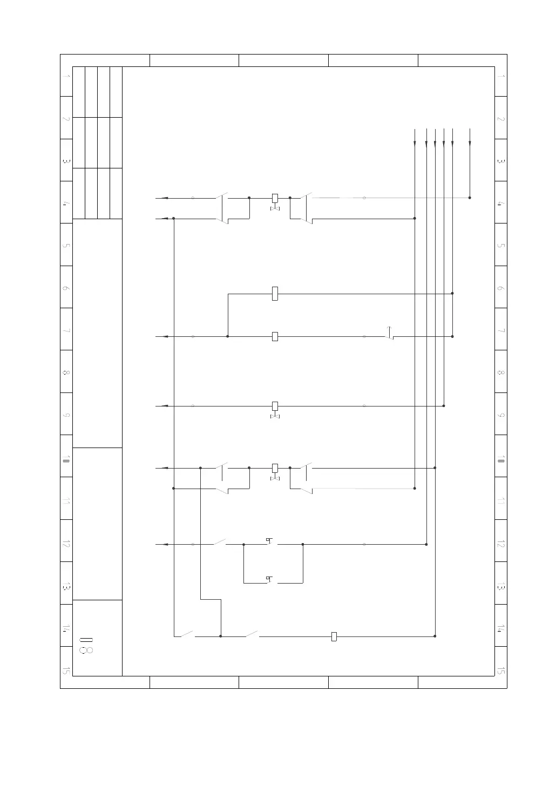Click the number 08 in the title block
(x=86, y=646)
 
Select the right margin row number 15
(x=500, y=671)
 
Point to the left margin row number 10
(x=66, y=459)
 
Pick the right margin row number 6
(x=500, y=288)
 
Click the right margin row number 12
(x=500, y=544)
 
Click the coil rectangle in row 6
(x=275, y=294)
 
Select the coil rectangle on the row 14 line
(x=334, y=636)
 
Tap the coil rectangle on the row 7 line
(x=275, y=336)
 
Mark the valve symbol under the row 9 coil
(x=275, y=417)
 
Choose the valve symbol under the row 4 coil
(x=275, y=209)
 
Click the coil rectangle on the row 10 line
(x=275, y=468)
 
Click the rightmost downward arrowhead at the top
(x=470, y=143)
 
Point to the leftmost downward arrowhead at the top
(x=415, y=143)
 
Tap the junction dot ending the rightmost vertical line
(x=470, y=198)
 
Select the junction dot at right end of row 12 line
(x=426, y=545)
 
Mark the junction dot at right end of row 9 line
(x=444, y=406)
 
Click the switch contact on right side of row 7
(x=389, y=334)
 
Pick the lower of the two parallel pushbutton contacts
(x=270, y=580)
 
